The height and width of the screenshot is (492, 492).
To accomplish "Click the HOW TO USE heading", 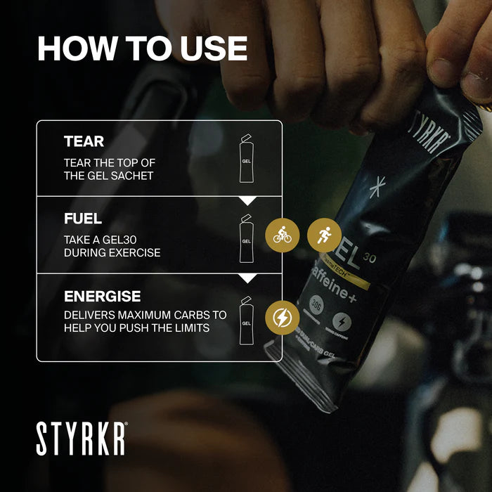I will (142, 48).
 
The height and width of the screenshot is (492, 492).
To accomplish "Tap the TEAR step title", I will (84, 141).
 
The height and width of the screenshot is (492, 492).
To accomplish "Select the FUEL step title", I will (83, 219).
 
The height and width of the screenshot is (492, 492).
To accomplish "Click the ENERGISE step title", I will (102, 296).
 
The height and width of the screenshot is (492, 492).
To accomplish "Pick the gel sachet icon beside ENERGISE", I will (245, 321).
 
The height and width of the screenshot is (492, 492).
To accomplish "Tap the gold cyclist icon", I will (282, 236).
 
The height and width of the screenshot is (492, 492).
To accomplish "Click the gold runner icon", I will (324, 236).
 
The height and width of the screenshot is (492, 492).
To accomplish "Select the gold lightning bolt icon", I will (282, 316).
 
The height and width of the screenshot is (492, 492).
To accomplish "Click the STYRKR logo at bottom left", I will (82, 438).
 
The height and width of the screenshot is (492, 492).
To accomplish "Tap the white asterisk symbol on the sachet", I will (378, 188).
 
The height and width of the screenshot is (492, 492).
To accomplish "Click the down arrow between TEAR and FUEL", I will (247, 200).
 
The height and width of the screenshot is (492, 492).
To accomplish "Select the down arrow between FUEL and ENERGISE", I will (247, 278).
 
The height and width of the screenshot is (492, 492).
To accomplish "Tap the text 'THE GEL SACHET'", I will (108, 176).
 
